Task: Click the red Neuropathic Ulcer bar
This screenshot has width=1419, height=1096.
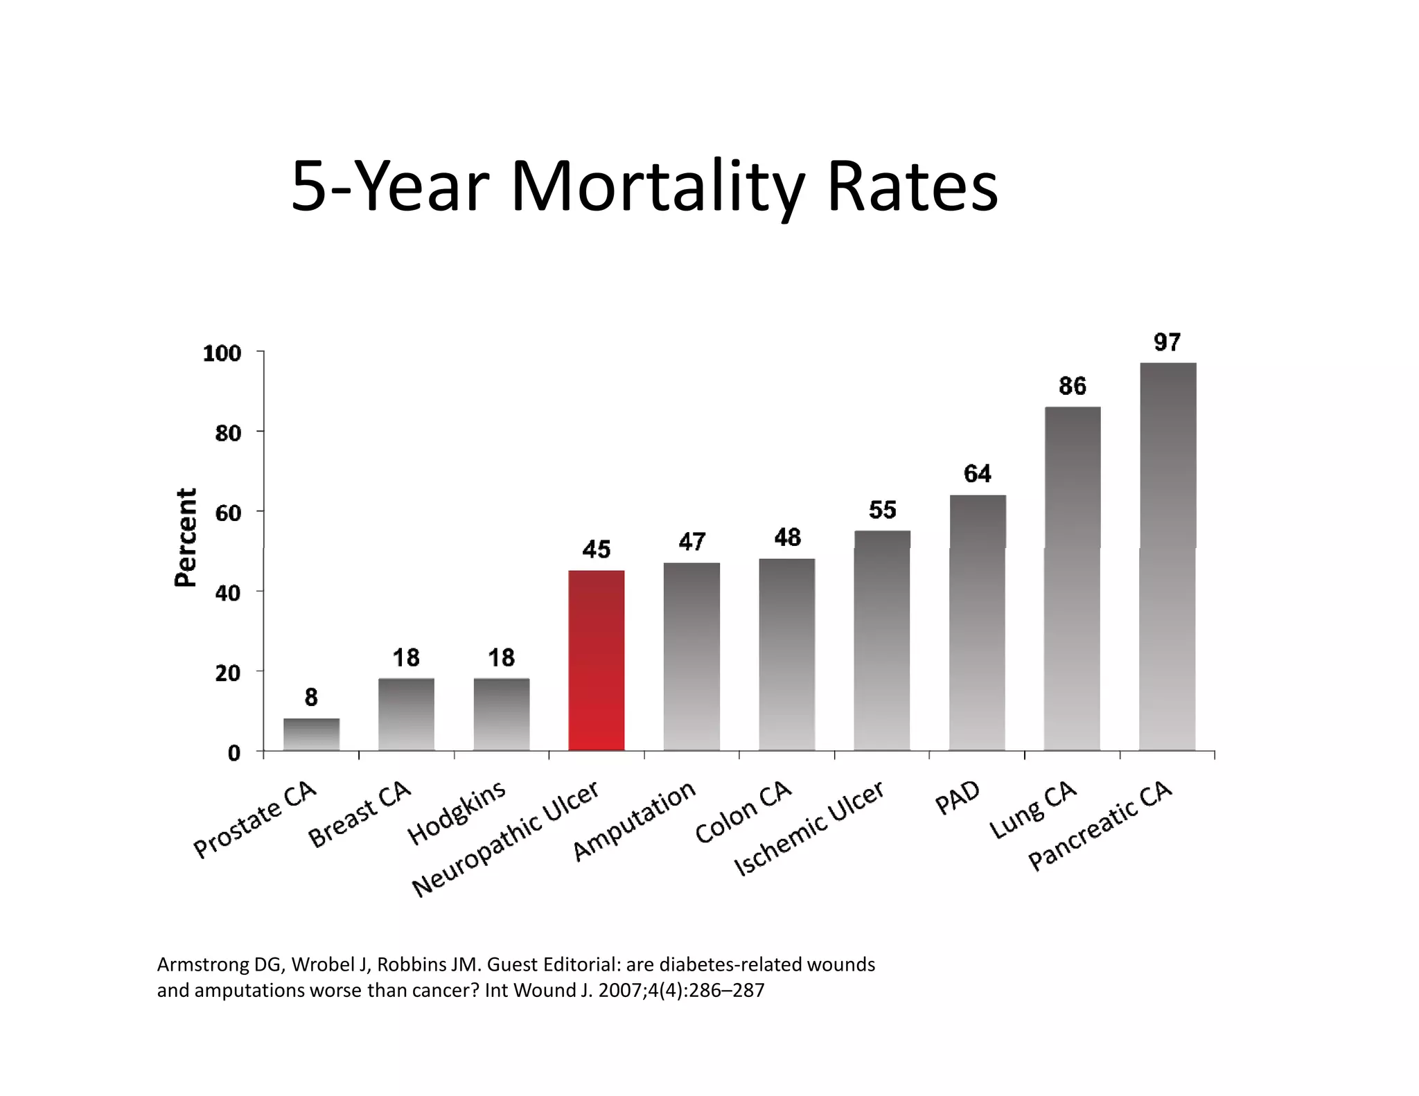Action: (x=596, y=660)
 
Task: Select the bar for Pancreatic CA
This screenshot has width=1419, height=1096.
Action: (x=1167, y=556)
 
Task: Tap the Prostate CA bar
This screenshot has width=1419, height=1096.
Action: (x=311, y=734)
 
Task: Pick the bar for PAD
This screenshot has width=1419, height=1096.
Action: (x=977, y=622)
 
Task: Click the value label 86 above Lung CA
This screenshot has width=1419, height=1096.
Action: (x=1073, y=386)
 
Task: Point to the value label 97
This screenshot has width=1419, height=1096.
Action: (x=1167, y=342)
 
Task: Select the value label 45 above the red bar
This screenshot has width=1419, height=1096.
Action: (x=596, y=549)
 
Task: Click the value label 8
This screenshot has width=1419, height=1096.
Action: (x=311, y=698)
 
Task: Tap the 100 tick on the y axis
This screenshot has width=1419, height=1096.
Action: (x=222, y=354)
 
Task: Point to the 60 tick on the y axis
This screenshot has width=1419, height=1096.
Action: (x=228, y=513)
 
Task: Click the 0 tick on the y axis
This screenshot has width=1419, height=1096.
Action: (x=234, y=753)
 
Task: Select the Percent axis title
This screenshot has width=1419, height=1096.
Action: (x=186, y=538)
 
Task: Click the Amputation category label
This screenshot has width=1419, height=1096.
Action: (x=634, y=821)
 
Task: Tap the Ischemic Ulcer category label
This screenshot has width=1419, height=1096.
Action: (x=809, y=828)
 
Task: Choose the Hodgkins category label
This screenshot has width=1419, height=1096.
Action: (x=457, y=813)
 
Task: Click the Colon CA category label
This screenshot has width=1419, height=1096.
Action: (x=743, y=812)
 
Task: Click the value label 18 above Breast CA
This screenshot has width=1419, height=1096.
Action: (x=406, y=657)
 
